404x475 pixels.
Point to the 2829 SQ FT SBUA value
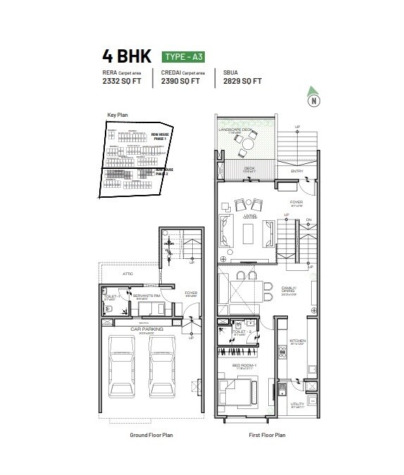click(242, 81)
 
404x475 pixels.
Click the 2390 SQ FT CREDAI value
click(181, 81)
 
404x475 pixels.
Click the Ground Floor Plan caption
click(151, 436)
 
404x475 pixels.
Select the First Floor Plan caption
click(266, 436)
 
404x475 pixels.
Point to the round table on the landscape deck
click(248, 144)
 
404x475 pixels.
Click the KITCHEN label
click(298, 341)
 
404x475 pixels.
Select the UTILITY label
click(298, 404)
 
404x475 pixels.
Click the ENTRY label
click(298, 171)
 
